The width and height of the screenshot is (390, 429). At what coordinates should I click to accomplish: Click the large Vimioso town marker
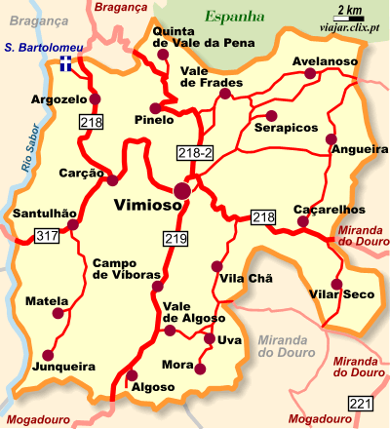point(182,190)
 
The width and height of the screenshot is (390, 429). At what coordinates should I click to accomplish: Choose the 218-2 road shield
point(192,153)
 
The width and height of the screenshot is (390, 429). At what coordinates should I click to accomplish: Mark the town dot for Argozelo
point(95,98)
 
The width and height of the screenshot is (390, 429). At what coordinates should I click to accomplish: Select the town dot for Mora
point(201,368)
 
